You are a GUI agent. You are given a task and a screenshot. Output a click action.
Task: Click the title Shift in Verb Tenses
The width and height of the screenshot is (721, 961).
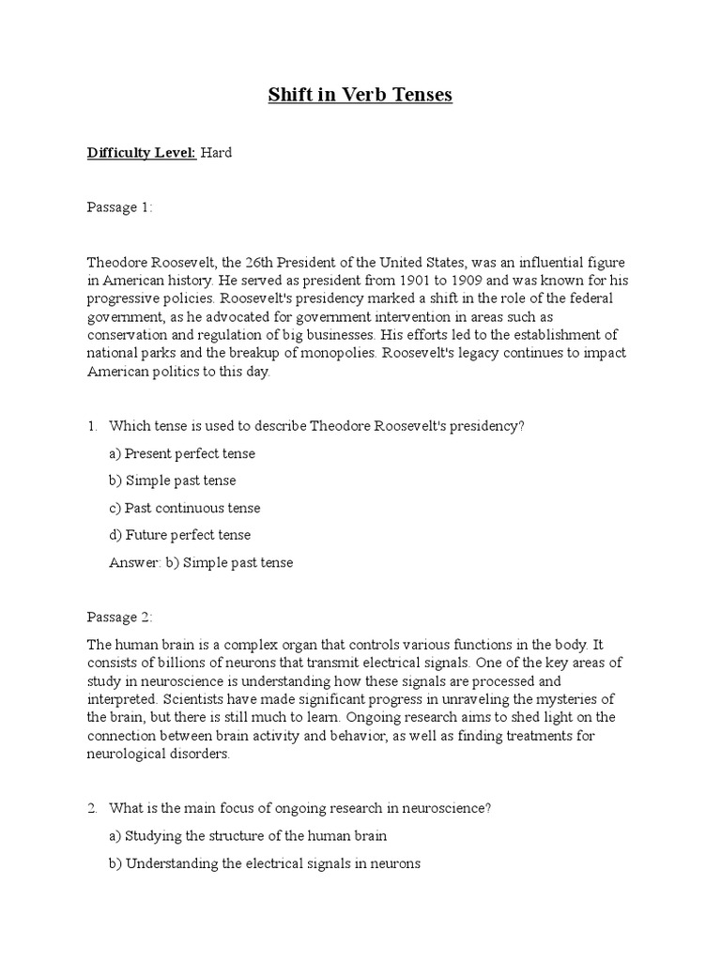[360, 96]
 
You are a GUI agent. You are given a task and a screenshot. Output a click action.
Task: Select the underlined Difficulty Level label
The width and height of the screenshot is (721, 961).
[142, 152]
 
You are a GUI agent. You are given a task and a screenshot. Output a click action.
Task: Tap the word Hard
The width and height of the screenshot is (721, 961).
[216, 152]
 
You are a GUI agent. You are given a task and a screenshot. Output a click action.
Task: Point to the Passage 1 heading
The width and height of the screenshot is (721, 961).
[119, 207]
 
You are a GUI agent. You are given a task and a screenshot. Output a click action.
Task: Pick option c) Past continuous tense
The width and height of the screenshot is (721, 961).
[185, 508]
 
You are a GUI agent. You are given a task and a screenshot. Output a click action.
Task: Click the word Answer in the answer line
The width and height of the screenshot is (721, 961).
[130, 562]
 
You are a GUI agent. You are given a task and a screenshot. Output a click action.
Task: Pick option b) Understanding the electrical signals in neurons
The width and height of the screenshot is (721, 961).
[265, 863]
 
